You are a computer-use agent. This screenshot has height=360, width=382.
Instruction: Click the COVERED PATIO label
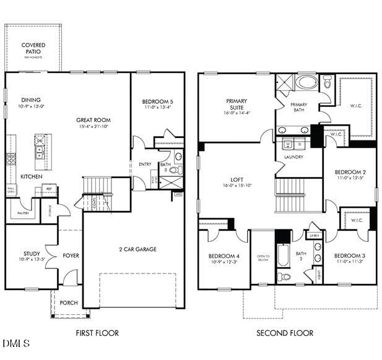pos(33,48)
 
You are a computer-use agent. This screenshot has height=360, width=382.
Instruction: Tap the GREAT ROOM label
pos(93,120)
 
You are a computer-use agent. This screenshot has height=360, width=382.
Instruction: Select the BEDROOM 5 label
pos(157,102)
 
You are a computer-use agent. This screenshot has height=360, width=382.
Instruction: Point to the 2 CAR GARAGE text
pos(137,249)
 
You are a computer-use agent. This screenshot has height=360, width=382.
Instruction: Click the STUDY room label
pos(32,254)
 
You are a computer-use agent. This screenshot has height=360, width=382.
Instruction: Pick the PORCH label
pos(69,303)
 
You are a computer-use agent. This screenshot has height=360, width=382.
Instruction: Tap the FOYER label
pos(71,255)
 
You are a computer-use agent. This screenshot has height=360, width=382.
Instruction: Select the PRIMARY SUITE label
pos(237,105)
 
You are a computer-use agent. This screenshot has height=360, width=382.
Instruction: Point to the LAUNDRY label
pos(293,157)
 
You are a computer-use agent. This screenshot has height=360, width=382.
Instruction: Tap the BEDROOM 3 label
pos(349,256)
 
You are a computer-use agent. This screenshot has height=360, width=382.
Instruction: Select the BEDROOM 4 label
pos(224,256)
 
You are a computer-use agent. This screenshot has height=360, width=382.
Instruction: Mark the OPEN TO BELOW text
pos(263,259)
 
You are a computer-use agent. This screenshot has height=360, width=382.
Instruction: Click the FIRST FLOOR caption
pos(97,333)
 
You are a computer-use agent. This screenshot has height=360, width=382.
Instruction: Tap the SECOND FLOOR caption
pos(285,333)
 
